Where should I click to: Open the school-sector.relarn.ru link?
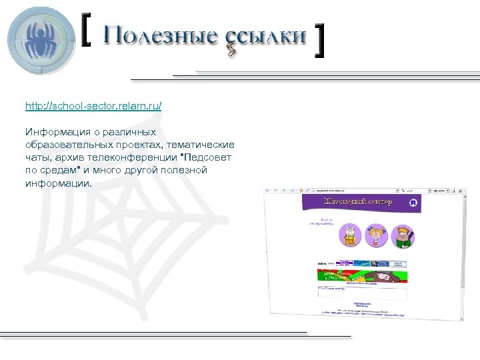pyautogui.click(x=93, y=107)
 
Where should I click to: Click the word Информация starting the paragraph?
pyautogui.click(x=57, y=132)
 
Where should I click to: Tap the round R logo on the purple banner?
pyautogui.click(x=413, y=202)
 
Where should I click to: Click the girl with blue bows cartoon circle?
pyautogui.click(x=376, y=235)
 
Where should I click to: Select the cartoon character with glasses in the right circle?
pyautogui.click(x=403, y=235)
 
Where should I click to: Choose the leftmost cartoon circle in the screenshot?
pyautogui.click(x=349, y=235)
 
